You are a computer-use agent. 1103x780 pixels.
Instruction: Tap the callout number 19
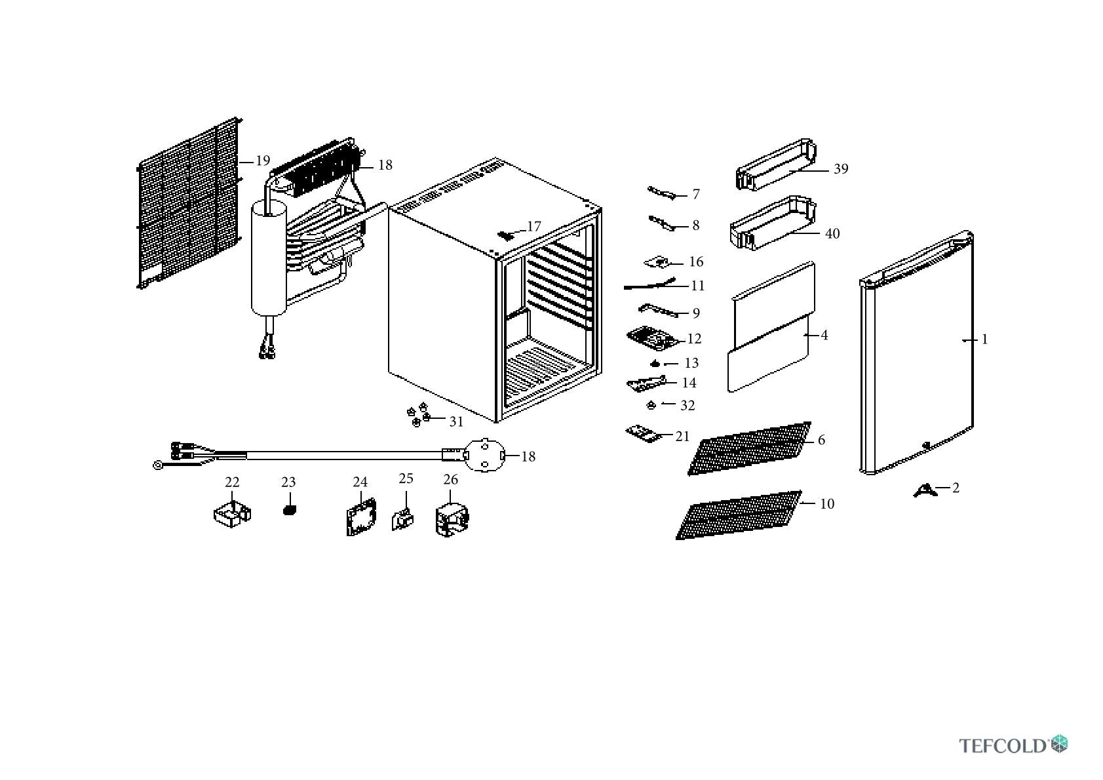coord(263,161)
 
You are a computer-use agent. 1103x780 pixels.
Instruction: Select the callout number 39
coord(841,169)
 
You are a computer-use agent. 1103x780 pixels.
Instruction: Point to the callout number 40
coord(832,233)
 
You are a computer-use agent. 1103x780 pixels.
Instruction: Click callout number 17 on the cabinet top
coord(533,227)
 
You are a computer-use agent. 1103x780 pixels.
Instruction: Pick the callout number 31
coord(456,421)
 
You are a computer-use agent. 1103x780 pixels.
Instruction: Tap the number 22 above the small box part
coord(232,482)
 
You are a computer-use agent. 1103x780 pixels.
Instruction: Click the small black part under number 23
coord(290,510)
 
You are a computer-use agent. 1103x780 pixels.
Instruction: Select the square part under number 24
coord(361,517)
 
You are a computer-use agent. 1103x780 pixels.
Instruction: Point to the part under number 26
coord(452,519)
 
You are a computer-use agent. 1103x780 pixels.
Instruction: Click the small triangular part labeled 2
coord(925,492)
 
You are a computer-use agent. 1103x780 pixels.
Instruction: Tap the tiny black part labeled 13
coord(655,364)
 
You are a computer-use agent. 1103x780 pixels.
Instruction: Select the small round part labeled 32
coord(651,405)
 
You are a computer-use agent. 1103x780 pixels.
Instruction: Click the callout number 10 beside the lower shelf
coord(827,504)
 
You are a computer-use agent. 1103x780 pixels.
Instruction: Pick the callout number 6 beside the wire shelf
coord(821,440)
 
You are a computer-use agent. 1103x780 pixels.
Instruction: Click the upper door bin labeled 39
coord(776,165)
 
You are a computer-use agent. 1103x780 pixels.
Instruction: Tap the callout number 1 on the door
coord(985,340)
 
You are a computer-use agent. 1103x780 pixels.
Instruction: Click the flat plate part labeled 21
coord(642,433)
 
